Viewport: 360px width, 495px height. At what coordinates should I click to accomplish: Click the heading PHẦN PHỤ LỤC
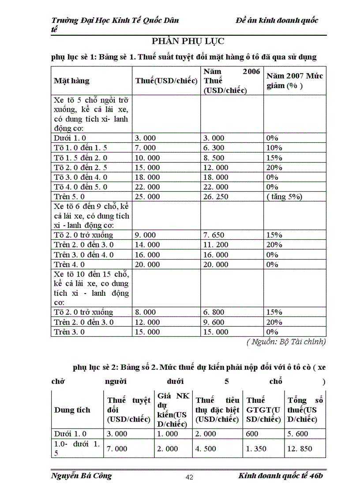click(x=188, y=41)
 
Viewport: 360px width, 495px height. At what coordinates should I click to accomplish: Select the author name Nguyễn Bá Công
click(x=82, y=476)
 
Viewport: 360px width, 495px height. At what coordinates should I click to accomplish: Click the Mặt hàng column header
click(x=71, y=81)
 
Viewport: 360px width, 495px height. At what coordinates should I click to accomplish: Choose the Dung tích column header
click(x=72, y=410)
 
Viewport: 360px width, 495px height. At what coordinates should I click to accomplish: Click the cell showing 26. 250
click(x=216, y=197)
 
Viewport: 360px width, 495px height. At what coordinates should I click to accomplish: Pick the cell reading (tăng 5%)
click(x=284, y=197)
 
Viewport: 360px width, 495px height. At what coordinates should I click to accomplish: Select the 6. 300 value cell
click(x=214, y=148)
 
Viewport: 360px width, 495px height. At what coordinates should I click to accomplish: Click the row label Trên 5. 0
click(x=69, y=197)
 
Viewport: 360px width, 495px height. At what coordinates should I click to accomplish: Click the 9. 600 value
click(x=214, y=322)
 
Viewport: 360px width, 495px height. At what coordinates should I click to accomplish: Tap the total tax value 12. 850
click(x=300, y=449)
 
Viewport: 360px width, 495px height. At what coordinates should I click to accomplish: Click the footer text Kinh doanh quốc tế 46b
click(x=281, y=476)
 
